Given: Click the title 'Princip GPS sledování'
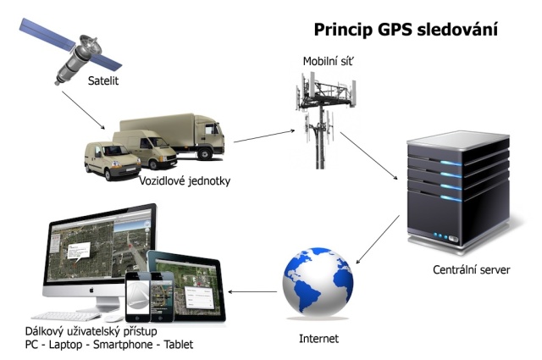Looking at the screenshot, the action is click(406, 30).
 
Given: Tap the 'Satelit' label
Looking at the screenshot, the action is click(103, 81).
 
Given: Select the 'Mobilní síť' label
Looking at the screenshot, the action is click(328, 62).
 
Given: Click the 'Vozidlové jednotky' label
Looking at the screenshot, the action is click(185, 181).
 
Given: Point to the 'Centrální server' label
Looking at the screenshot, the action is click(471, 269).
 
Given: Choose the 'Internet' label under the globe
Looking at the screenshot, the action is click(318, 339).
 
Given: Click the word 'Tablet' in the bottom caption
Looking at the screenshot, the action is click(179, 345).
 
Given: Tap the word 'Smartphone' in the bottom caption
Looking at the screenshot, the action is click(123, 345).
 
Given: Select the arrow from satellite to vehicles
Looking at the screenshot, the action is click(83, 110).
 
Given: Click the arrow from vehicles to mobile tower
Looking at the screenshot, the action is click(264, 136).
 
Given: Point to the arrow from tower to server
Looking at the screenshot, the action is click(369, 156).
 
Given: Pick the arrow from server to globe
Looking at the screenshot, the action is click(378, 240).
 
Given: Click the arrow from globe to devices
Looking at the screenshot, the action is click(252, 292).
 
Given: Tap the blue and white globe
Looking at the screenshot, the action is click(318, 281).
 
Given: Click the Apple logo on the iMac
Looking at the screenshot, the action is click(91, 290).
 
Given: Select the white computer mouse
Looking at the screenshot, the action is click(113, 318).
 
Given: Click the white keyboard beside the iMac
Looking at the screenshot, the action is click(66, 316).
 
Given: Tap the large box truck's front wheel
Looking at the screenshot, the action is click(205, 152).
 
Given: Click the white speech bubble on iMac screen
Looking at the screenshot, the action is click(79, 251).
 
